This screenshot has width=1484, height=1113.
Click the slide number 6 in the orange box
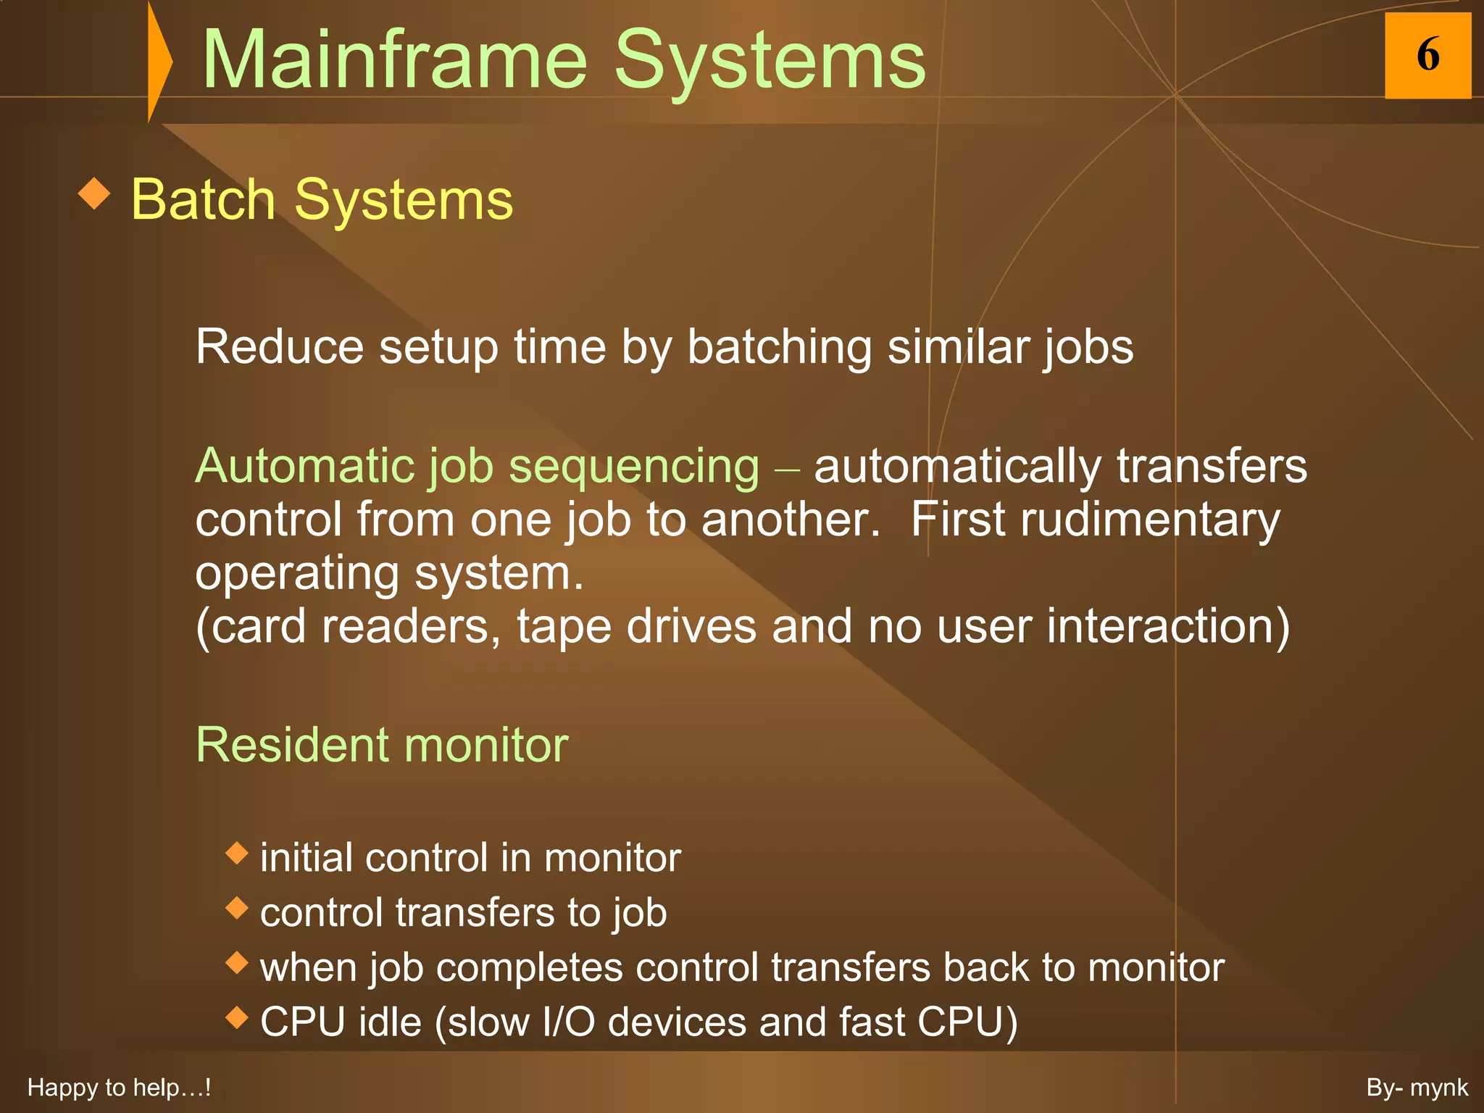point(1427,55)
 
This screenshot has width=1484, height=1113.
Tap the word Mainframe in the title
point(394,61)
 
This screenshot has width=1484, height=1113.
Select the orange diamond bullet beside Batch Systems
point(94,194)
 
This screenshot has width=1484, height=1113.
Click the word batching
point(779,348)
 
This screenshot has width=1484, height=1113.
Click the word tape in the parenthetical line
point(564,627)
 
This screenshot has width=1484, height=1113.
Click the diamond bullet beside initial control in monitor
point(237,853)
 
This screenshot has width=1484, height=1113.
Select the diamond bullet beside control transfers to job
point(237,907)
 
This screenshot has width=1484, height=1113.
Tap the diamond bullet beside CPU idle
point(237,1017)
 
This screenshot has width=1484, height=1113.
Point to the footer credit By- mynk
point(1417,1088)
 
